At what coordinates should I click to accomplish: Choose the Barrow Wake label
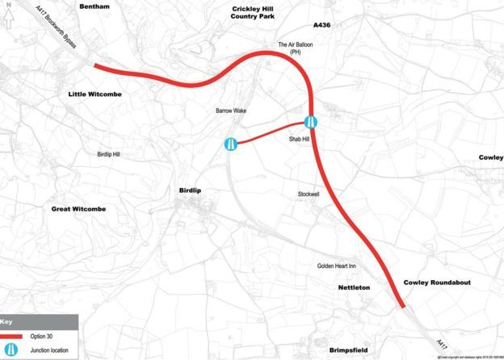(x=229, y=111)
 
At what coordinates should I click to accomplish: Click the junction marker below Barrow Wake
(x=231, y=144)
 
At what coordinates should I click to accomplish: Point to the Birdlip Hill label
(x=107, y=153)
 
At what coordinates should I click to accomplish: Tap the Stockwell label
(x=309, y=194)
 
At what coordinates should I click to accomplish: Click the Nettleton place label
(x=352, y=287)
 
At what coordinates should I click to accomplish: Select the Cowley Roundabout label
(x=436, y=283)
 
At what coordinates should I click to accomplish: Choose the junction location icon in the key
(x=15, y=351)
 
